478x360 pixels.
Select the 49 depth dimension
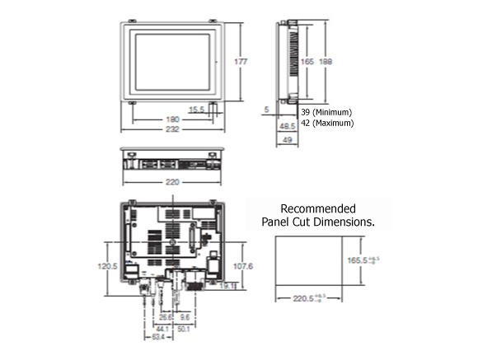click(x=287, y=140)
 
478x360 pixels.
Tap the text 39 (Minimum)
click(x=326, y=111)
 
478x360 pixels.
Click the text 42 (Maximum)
click(x=326, y=123)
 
